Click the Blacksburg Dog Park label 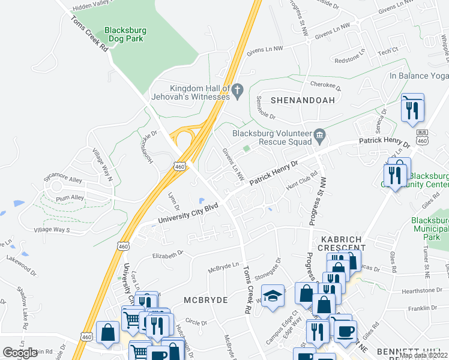pyautogui.click(x=125, y=35)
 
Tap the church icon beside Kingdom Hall pyautogui.click(x=237, y=90)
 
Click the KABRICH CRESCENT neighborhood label pyautogui.click(x=336, y=244)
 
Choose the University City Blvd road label pyautogui.click(x=187, y=214)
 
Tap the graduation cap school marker pyautogui.click(x=273, y=296)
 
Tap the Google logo pyautogui.click(x=20, y=352)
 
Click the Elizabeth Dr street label pyautogui.click(x=167, y=254)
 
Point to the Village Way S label pyautogui.click(x=52, y=230)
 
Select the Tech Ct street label pyautogui.click(x=387, y=52)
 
